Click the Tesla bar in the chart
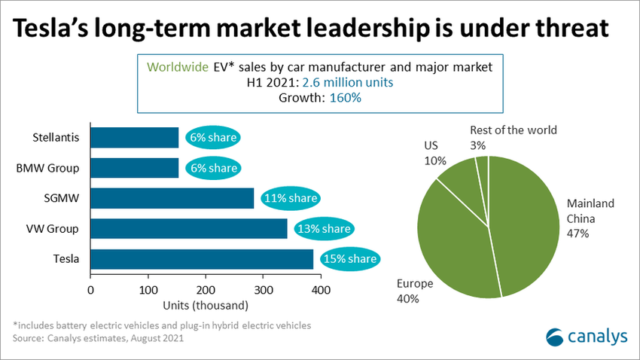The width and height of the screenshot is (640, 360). [202, 259]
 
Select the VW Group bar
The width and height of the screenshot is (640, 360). [189, 228]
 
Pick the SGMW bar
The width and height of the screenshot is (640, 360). [172, 198]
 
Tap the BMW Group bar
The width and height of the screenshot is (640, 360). [135, 168]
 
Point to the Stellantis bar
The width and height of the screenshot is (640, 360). [135, 138]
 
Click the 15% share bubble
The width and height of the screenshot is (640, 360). [349, 259]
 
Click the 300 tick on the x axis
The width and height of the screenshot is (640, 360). [263, 289]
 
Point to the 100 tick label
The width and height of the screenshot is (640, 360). [148, 289]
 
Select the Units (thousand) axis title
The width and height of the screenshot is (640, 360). [205, 305]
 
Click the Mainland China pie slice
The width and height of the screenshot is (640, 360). [527, 226]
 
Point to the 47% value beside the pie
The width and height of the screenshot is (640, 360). [578, 233]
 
